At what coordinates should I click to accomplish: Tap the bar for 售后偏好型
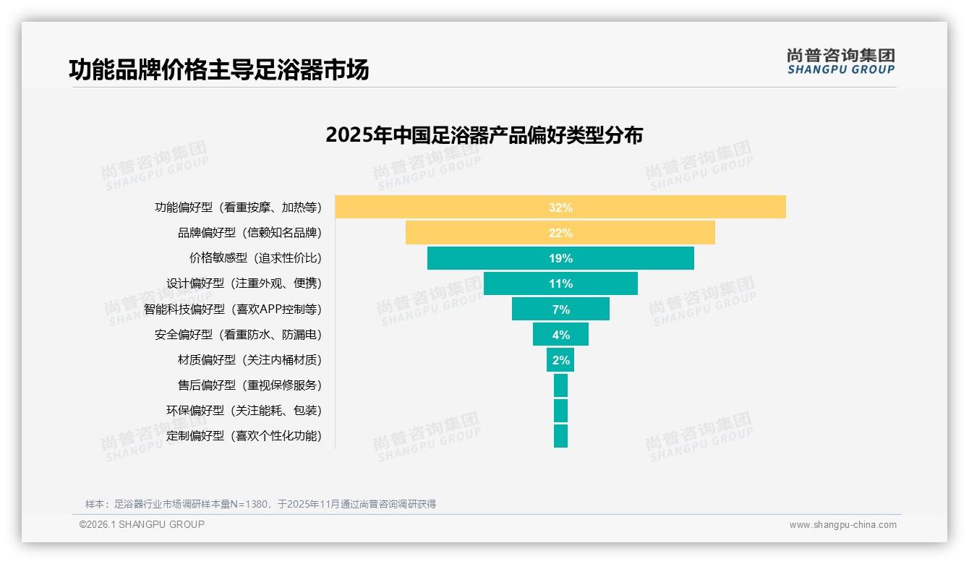point(560,385)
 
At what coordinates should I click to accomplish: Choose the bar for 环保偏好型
point(560,411)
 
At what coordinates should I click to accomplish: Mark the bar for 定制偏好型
point(560,436)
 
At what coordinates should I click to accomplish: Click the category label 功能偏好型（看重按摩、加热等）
point(238,208)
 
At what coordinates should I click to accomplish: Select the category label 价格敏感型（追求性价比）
point(255,258)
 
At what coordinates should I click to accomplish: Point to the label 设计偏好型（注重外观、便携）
point(244,283)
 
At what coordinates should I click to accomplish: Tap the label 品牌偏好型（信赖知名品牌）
point(249,233)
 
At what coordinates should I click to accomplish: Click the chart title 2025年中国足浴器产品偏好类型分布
point(484,135)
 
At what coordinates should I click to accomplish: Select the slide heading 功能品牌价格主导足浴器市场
point(219,69)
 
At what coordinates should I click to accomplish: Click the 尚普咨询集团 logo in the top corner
point(840,61)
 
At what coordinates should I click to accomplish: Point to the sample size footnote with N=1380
point(260,504)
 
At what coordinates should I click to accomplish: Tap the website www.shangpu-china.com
point(842,525)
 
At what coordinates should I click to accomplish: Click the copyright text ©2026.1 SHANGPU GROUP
point(142,524)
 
